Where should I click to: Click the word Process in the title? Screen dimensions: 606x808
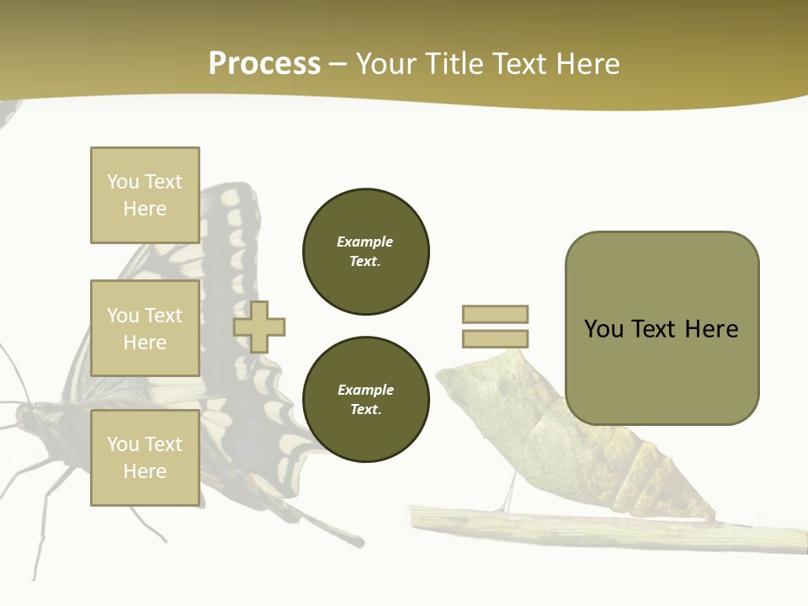tap(264, 64)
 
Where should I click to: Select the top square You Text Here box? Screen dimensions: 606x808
tap(145, 195)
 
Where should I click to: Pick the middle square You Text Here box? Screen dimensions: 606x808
tap(145, 328)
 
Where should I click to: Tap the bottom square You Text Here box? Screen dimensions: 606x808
tap(145, 458)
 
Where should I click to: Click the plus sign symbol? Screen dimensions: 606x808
tap(259, 327)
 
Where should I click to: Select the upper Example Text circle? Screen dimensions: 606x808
tap(366, 252)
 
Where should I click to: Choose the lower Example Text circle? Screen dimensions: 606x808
tap(366, 400)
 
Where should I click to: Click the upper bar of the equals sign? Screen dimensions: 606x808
tap(495, 314)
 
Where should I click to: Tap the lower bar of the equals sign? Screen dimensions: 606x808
tap(495, 338)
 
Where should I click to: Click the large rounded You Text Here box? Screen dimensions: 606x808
tap(662, 328)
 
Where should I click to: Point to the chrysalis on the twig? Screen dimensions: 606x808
tap(581, 438)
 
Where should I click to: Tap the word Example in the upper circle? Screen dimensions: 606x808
tap(364, 242)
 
